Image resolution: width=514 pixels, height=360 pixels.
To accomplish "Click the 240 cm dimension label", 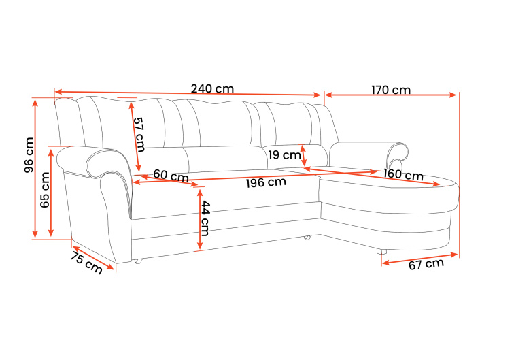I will pos(212,89).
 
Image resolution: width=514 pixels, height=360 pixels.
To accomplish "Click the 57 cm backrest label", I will pos(139,134).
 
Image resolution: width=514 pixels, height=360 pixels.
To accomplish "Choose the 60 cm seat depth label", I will pos(171,175).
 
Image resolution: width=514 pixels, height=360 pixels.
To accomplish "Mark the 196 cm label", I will pos(266,182).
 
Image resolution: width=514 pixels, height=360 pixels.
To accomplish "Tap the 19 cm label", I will pos(282,155).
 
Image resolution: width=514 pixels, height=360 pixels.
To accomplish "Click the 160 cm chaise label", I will pos(402,174).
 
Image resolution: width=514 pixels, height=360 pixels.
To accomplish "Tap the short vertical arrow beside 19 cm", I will pos(303,155).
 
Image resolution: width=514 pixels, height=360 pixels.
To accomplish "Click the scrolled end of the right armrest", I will pos(400,151).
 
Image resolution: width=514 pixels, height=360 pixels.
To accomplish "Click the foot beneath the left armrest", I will pos(138,261).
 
